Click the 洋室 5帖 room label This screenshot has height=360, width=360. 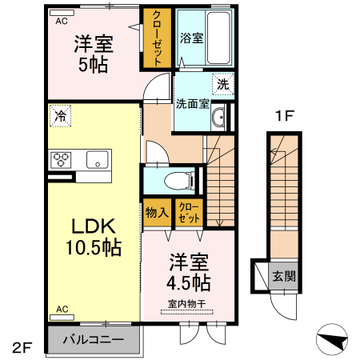(x=94, y=54)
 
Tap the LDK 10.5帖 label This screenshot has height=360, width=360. (x=93, y=236)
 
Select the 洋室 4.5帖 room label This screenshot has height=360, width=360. (x=190, y=273)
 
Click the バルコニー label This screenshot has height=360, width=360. (x=94, y=340)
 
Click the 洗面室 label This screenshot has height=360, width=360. (x=193, y=103)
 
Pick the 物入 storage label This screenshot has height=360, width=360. (x=156, y=214)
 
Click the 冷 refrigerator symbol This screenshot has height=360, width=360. (x=60, y=115)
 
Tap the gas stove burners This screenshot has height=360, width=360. (x=61, y=158)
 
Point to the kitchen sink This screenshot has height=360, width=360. (x=97, y=159)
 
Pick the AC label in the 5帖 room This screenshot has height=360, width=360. (x=62, y=22)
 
